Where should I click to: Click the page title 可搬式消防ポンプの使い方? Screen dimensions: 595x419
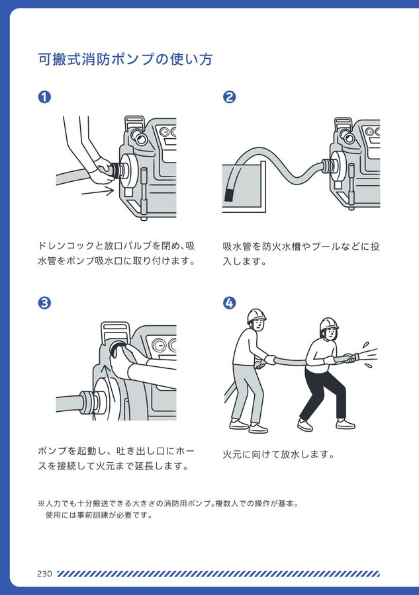125,59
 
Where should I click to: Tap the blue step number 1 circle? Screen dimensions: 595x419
45,97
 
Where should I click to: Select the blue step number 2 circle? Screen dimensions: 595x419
229,97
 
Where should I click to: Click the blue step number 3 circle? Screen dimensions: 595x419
45,303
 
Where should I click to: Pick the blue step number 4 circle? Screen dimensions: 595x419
229,303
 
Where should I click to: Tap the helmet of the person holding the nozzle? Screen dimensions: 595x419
328,324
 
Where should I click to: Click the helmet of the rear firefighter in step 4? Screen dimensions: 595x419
256,315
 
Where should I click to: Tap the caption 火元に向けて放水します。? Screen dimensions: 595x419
279,455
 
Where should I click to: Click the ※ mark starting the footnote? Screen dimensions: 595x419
41,503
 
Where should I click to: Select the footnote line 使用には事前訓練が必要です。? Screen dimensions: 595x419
99,515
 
